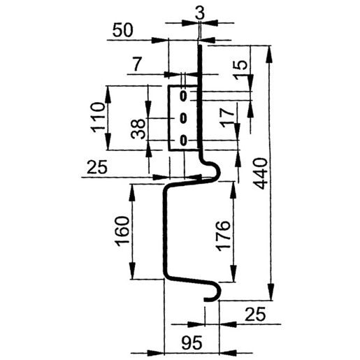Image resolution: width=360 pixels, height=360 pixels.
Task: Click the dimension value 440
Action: (x=261, y=173)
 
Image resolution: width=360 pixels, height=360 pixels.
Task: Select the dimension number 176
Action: (x=223, y=236)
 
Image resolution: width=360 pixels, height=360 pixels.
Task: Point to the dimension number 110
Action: (x=97, y=117)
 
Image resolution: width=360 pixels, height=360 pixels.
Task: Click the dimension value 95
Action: (x=192, y=343)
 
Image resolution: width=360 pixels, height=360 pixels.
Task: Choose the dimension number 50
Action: (x=123, y=30)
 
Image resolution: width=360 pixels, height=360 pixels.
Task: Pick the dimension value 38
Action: (x=138, y=129)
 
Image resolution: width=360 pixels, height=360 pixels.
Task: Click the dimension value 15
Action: (x=240, y=69)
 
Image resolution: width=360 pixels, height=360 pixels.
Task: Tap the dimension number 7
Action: (x=137, y=64)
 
